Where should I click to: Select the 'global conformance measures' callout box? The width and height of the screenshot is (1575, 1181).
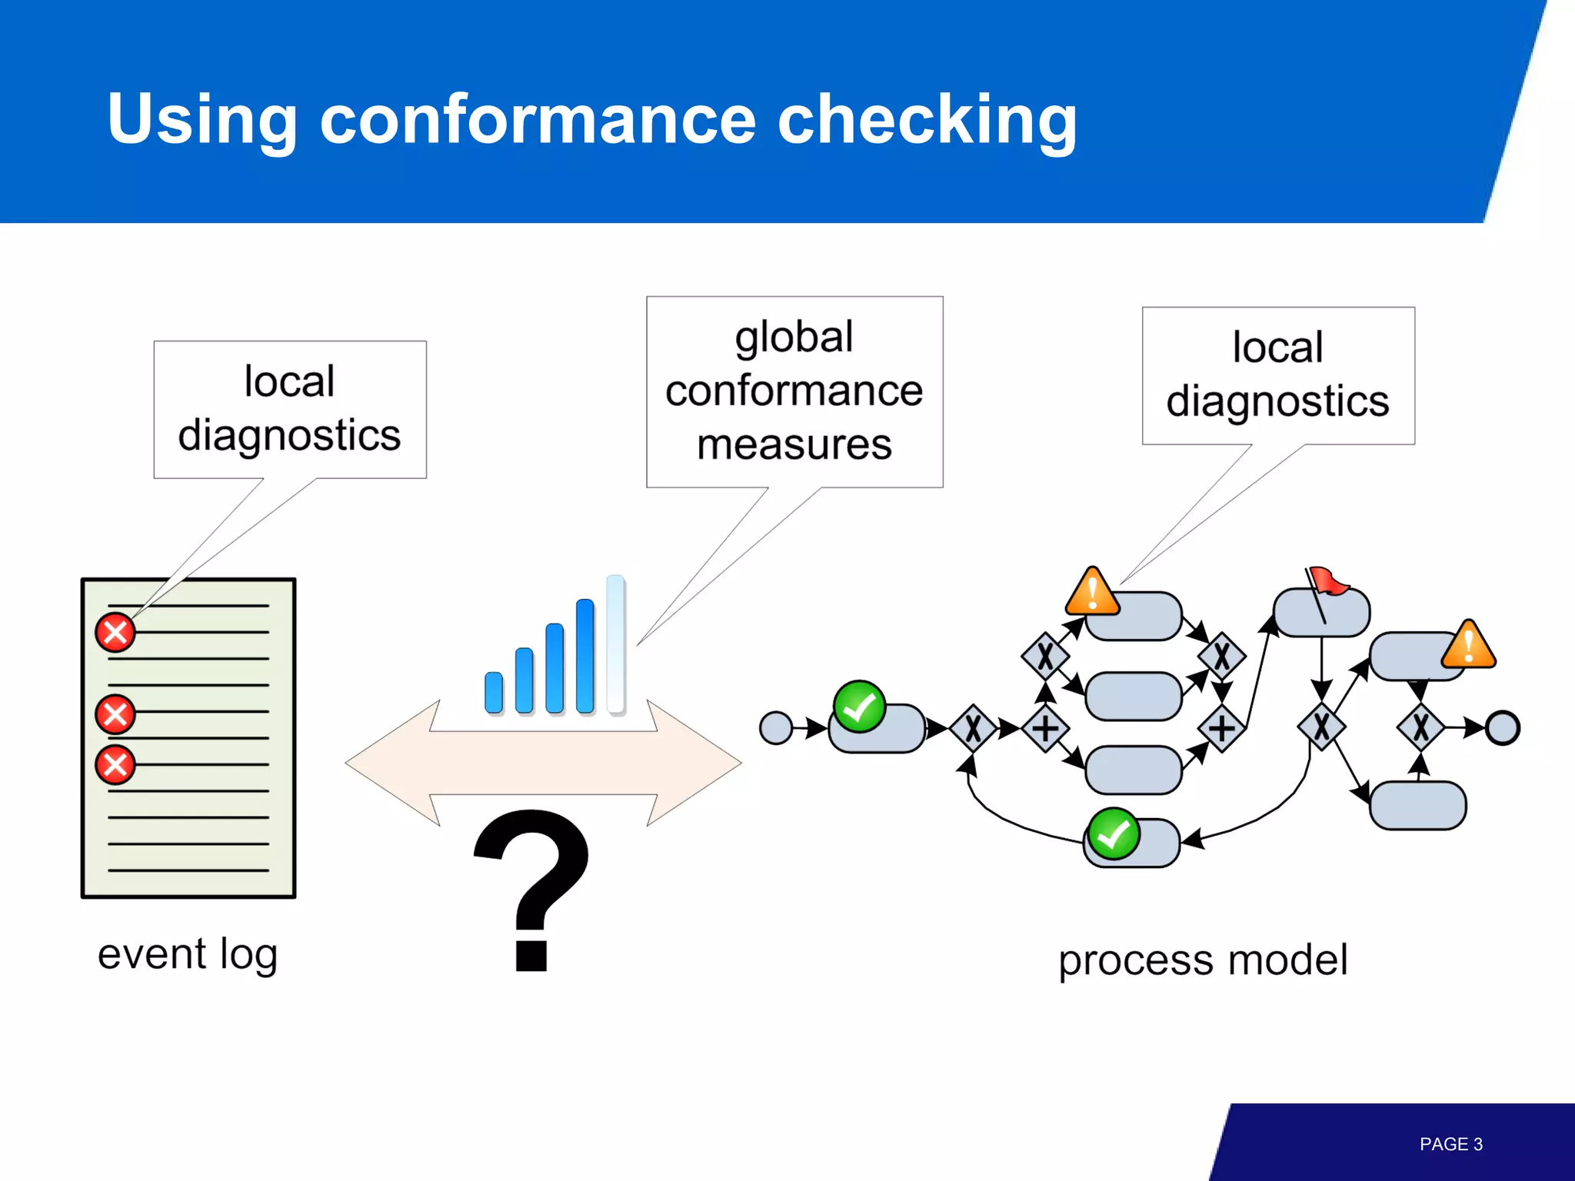click(x=794, y=391)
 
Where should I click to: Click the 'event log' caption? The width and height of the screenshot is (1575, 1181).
click(x=187, y=954)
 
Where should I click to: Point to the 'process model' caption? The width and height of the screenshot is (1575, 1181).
click(x=1203, y=960)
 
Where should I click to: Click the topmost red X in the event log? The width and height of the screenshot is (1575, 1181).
click(x=115, y=633)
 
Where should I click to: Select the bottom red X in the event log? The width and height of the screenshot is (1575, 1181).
click(x=115, y=765)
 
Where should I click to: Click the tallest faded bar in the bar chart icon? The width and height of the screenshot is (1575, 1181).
click(x=615, y=644)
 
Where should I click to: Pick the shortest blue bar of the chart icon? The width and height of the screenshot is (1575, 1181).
click(x=494, y=692)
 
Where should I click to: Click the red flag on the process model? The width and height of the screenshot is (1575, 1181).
click(x=1328, y=581)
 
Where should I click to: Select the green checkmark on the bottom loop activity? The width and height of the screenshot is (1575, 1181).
click(x=1113, y=833)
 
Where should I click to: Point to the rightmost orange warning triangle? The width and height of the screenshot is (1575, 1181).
click(x=1468, y=646)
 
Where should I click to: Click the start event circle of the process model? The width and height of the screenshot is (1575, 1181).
click(x=775, y=727)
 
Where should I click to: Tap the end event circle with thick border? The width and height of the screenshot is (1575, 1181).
click(x=1502, y=727)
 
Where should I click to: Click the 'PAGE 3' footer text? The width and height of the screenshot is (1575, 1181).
click(x=1450, y=1144)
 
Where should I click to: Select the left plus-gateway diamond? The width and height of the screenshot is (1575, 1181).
click(x=1045, y=727)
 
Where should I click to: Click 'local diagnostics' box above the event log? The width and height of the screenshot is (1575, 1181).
click(x=290, y=409)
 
